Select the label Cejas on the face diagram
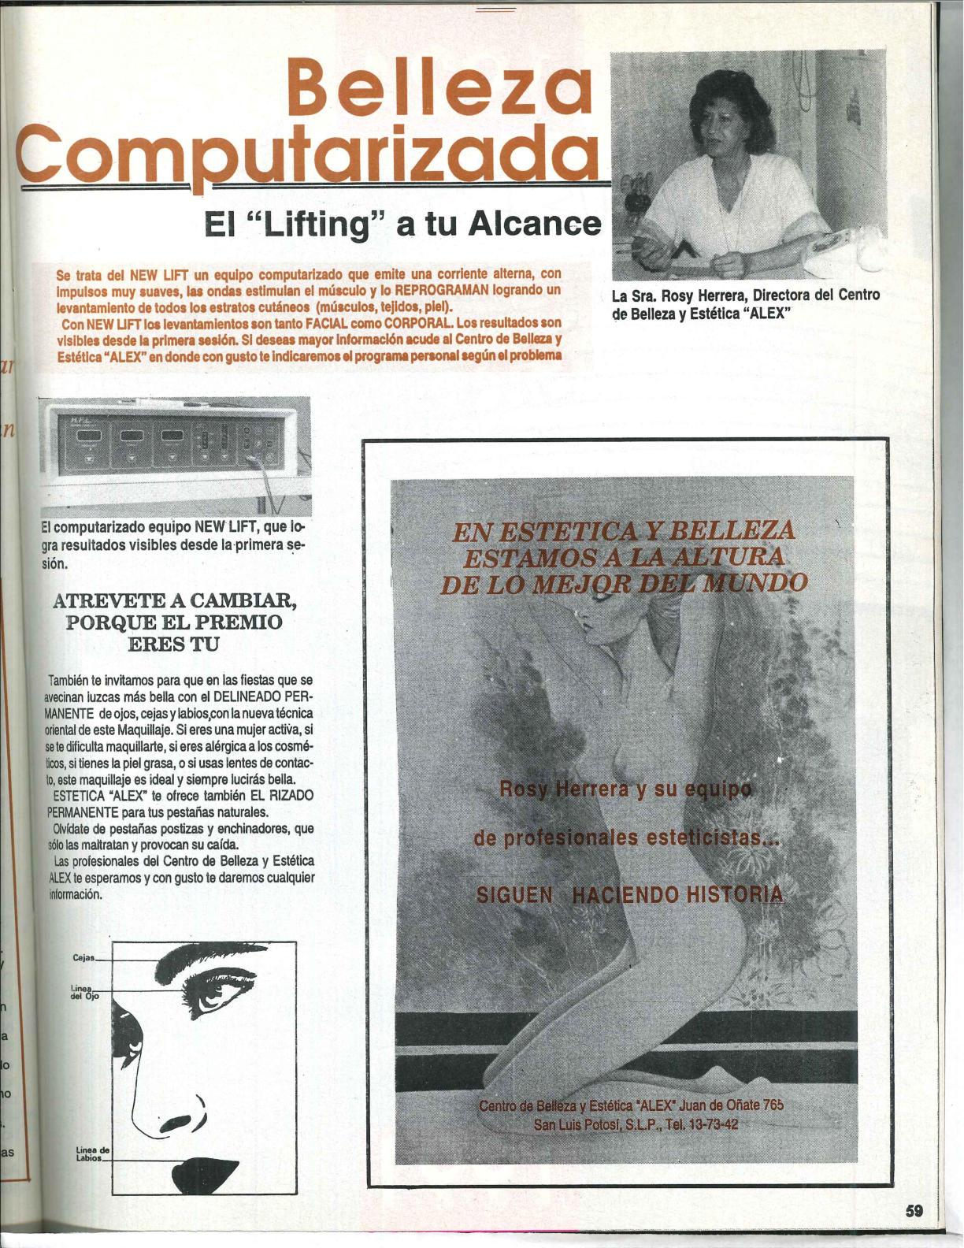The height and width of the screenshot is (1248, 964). click(83, 958)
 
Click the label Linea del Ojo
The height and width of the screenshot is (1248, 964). click(82, 991)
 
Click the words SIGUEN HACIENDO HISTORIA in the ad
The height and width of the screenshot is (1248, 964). click(631, 894)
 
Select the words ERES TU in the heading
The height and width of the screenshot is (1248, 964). click(173, 642)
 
